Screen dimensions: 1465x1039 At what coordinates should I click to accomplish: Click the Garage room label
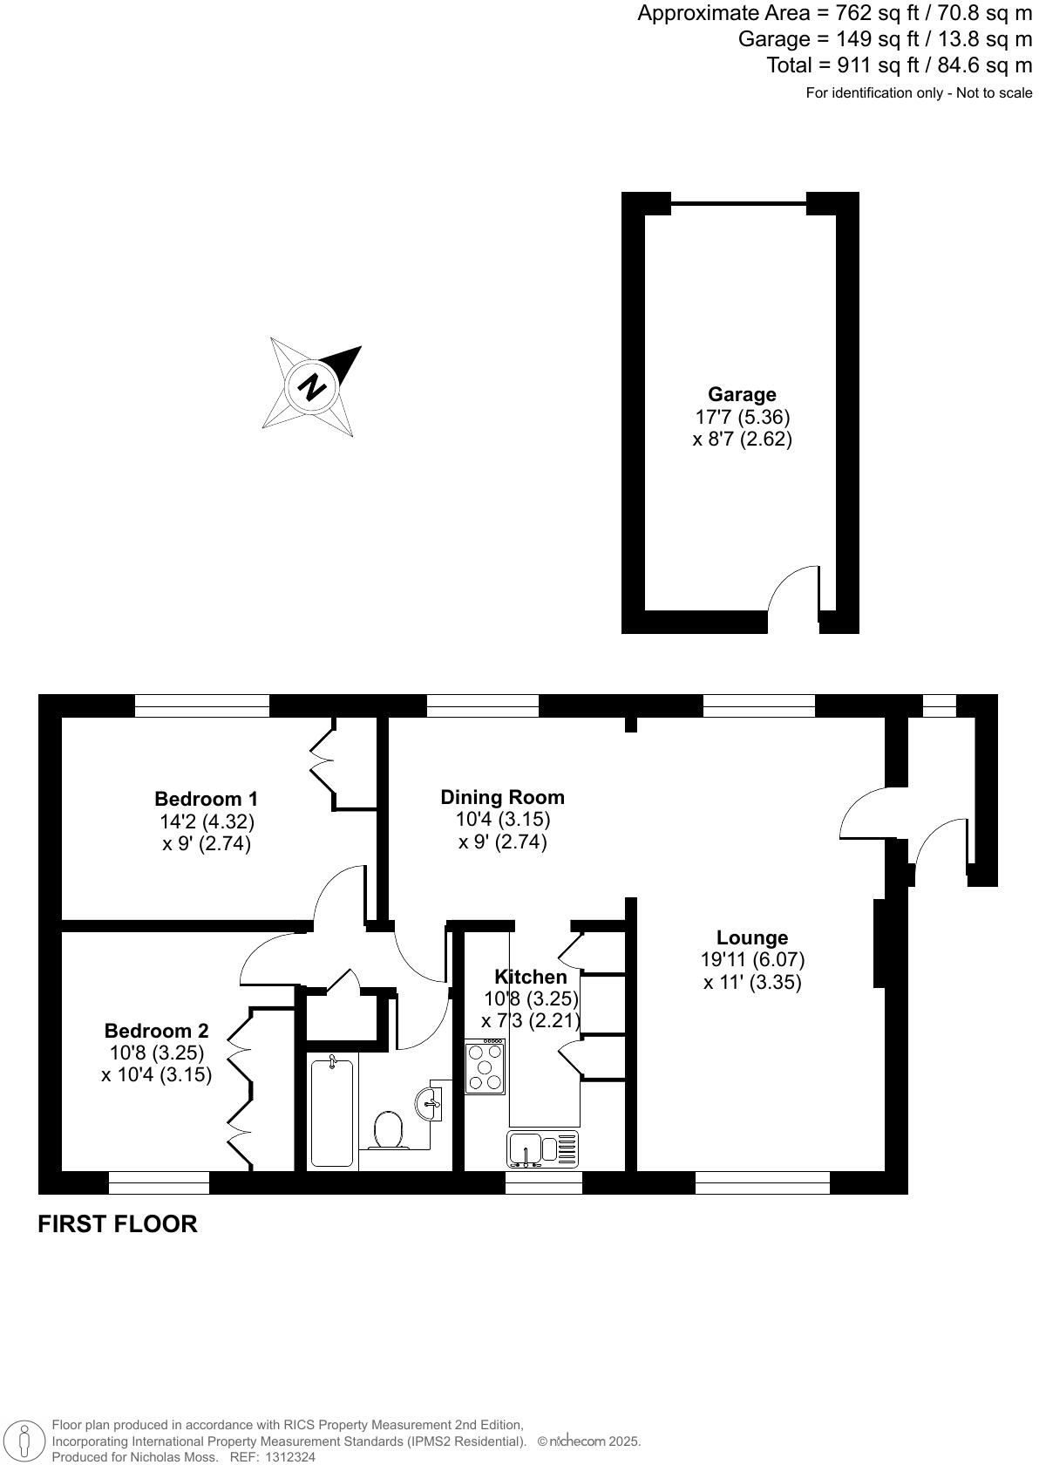pyautogui.click(x=741, y=394)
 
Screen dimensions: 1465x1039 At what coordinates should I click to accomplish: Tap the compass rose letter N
pyautogui.click(x=311, y=386)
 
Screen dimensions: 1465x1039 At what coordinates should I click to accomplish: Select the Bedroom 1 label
pyautogui.click(x=206, y=798)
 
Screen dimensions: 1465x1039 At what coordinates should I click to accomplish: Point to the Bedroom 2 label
pyautogui.click(x=156, y=1031)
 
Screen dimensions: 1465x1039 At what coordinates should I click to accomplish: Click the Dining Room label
pyautogui.click(x=502, y=796)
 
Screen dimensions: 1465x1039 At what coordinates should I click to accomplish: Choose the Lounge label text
pyautogui.click(x=751, y=937)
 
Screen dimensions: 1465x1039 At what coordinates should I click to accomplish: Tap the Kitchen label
pyautogui.click(x=530, y=977)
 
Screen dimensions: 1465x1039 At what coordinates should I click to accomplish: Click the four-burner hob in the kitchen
pyautogui.click(x=485, y=1067)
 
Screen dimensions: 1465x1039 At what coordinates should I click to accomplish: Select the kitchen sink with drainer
pyautogui.click(x=542, y=1148)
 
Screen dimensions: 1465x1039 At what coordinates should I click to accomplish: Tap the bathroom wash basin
pyautogui.click(x=430, y=1103)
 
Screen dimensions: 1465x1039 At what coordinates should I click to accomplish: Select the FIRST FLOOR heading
pyautogui.click(x=118, y=1223)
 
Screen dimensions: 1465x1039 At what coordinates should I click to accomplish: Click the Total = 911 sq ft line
pyautogui.click(x=899, y=65)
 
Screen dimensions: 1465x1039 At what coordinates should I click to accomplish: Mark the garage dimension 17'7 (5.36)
pyautogui.click(x=742, y=417)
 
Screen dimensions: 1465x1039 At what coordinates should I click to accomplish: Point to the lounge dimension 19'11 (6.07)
pyautogui.click(x=752, y=959)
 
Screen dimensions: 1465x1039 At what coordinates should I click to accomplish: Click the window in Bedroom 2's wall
pyautogui.click(x=159, y=1182)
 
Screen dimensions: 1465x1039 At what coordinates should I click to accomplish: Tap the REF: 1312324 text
pyautogui.click(x=271, y=1456)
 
